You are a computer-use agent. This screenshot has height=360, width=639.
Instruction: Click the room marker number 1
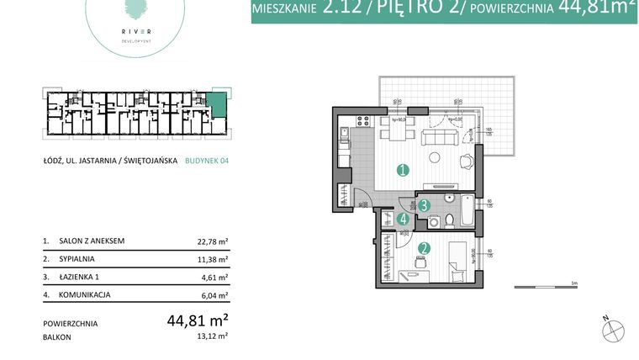click(403, 170)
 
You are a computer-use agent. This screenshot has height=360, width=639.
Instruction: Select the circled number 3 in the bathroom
click(425, 204)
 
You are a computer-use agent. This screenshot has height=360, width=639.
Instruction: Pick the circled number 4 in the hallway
click(404, 220)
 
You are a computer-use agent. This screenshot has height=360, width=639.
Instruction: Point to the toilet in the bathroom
click(451, 221)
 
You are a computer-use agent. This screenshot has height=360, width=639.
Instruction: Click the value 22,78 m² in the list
click(213, 241)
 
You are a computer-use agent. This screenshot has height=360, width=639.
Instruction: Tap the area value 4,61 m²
click(215, 277)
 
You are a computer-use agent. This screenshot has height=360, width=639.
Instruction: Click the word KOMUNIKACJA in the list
click(85, 294)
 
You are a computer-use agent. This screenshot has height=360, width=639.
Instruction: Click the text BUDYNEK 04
click(207, 163)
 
